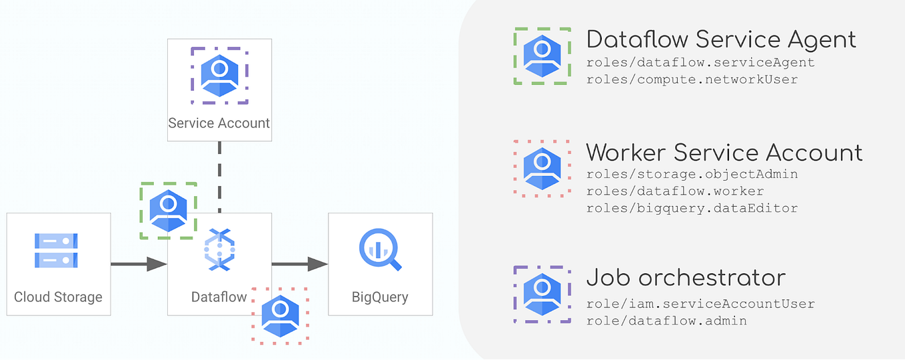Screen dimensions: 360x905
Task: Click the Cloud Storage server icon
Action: [x=57, y=251]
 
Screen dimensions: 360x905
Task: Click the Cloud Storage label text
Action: [x=58, y=297]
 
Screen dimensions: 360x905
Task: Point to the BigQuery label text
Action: [x=380, y=297]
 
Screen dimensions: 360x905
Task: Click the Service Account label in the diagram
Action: [x=219, y=123]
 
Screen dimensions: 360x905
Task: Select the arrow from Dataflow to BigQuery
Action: [x=300, y=264]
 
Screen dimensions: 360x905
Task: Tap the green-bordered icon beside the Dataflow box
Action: [x=169, y=211]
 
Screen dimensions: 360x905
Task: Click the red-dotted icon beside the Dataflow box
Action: [x=280, y=315]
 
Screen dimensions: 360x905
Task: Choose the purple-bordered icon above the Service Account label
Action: [x=219, y=75]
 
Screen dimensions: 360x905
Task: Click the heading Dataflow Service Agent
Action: [x=720, y=39]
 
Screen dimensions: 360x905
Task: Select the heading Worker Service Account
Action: [x=724, y=153]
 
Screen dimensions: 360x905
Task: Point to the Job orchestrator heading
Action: [x=686, y=277]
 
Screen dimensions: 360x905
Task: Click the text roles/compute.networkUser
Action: [x=692, y=79]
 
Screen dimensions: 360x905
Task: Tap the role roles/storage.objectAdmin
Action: [x=692, y=174]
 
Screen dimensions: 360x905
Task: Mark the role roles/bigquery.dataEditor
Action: [x=692, y=208]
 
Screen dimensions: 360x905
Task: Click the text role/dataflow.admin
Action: [x=666, y=321]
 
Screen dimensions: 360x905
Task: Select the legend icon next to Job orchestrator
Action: [x=542, y=294]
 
